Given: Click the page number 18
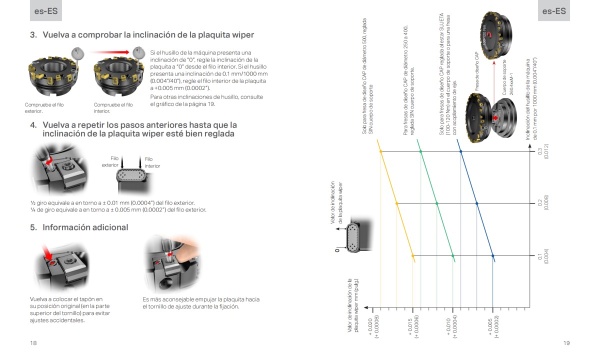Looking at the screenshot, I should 33,343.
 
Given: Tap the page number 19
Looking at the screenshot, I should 566,343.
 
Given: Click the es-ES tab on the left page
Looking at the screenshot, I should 45,10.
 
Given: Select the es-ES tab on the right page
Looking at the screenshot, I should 554,10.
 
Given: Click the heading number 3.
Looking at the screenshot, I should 33,35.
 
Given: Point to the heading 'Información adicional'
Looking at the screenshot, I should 85,227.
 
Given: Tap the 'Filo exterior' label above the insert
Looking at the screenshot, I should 111,161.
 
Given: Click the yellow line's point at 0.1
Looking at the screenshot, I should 413,256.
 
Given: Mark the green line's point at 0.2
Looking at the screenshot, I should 437,203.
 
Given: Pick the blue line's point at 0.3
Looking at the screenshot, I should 460,151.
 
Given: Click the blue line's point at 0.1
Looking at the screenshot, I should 493,256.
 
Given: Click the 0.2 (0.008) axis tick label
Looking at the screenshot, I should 543,203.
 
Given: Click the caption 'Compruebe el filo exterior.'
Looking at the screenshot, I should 44,107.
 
